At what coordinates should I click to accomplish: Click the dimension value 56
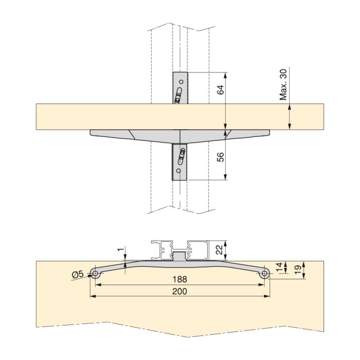pos(220,157)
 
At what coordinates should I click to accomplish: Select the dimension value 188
pos(180,279)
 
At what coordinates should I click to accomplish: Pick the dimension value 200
pos(180,291)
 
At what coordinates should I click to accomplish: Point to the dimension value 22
pos(219,250)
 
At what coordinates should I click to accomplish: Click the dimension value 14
pos(279,267)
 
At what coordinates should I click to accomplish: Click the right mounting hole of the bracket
pos(264,274)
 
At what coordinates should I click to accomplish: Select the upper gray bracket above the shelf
pos(181,87)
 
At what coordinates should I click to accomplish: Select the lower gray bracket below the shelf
pos(179,162)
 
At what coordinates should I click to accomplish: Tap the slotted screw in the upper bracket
pos(178,96)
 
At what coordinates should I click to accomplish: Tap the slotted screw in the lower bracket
pos(182,155)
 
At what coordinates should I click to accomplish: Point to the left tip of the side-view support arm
pos(92,132)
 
